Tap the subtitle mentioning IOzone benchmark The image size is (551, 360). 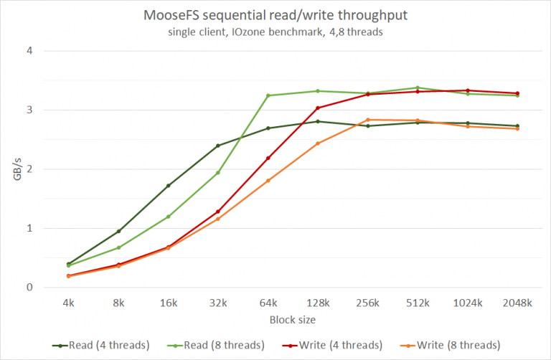[276, 32]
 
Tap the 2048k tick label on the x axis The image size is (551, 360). [517, 303]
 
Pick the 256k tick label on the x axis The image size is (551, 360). [367, 303]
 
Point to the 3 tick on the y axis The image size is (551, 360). [30, 110]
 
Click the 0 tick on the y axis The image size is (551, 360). [30, 288]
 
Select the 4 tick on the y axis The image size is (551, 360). [30, 51]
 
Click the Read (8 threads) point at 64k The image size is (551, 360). [268, 95]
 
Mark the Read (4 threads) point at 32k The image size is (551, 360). [217, 146]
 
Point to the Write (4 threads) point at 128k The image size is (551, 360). [318, 108]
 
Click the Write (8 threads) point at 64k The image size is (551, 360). [268, 181]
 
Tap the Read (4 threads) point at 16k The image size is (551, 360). [168, 186]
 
